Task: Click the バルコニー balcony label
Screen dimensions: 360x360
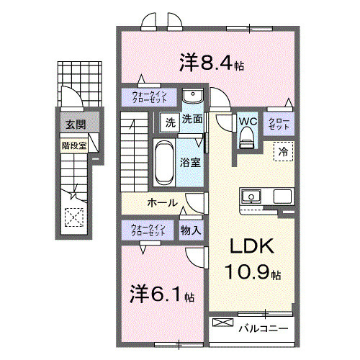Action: [x=264, y=328]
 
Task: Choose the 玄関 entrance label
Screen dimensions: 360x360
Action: [x=76, y=125]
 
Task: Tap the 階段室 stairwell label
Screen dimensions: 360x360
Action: [x=73, y=144]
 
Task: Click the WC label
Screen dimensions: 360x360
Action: [x=247, y=120]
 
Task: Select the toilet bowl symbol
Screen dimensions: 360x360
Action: [x=247, y=137]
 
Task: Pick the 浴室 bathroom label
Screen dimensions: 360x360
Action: [x=191, y=163]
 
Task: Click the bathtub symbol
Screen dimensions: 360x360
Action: [x=162, y=162]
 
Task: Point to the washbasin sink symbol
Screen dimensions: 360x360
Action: [x=192, y=97]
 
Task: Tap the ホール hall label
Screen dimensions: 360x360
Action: [x=163, y=203]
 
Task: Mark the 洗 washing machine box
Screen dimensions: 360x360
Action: [x=169, y=121]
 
